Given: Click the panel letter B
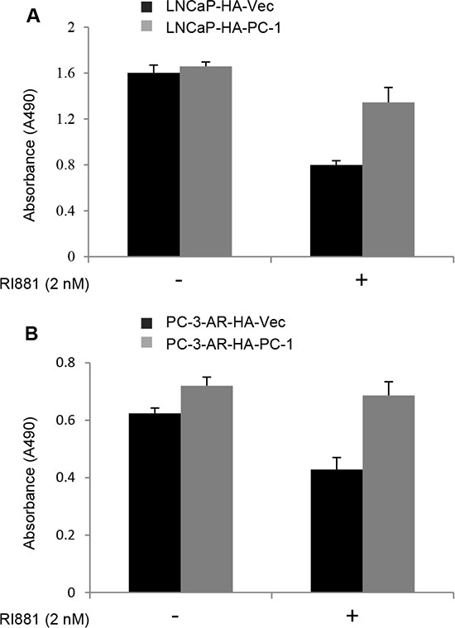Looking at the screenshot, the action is coord(31,333).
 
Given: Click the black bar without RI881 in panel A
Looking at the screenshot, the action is coord(154,164).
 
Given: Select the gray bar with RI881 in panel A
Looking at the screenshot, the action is coord(389,179).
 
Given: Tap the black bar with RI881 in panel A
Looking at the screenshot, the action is coord(337,211).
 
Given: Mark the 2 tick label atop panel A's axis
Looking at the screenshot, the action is coord(74,27).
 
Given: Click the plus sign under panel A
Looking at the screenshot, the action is coord(362,280).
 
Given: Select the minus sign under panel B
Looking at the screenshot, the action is coord(175,615).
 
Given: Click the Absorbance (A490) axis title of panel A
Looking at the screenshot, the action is coord(30,155).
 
